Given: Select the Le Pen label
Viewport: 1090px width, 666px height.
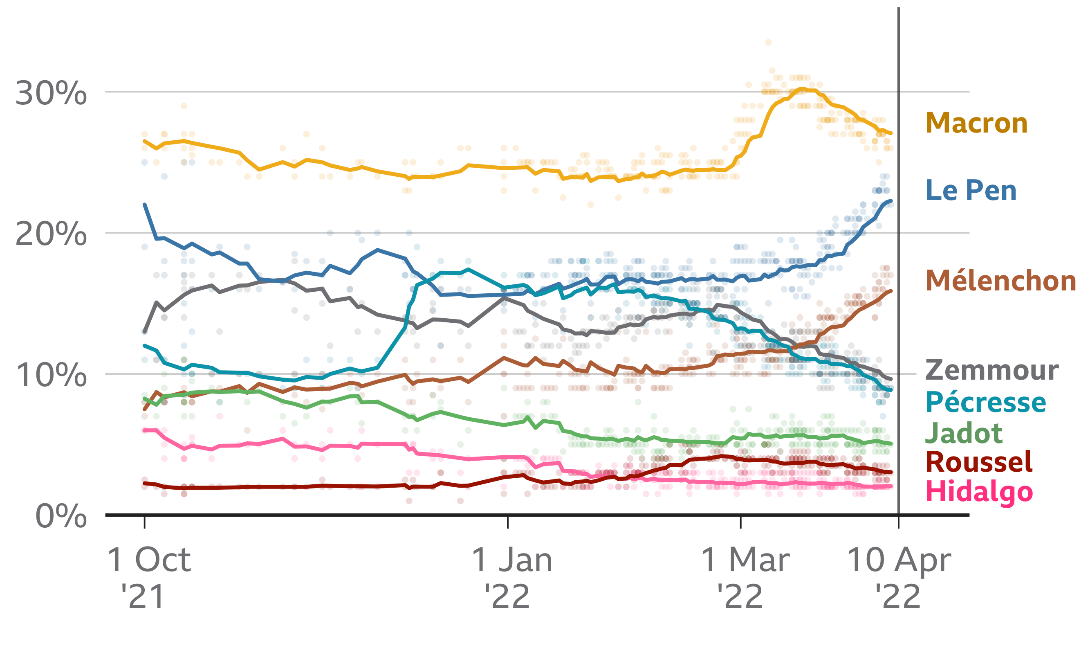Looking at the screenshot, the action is [x=971, y=190].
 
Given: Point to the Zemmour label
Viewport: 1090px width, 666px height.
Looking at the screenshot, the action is [x=992, y=370].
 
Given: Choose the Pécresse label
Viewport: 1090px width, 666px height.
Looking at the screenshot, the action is [x=986, y=402].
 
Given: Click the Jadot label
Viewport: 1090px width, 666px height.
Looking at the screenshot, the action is [x=964, y=433].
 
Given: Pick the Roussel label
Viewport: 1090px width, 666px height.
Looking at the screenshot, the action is [x=979, y=462].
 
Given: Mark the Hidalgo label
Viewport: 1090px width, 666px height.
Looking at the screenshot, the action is [x=979, y=493].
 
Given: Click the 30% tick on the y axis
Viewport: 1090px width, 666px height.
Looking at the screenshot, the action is [x=51, y=93].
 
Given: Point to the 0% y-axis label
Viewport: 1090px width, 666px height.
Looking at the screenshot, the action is [x=61, y=515].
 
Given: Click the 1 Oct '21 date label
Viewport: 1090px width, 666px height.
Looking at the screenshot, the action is [x=149, y=578].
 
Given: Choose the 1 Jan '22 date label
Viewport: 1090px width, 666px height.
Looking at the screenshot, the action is [x=512, y=578].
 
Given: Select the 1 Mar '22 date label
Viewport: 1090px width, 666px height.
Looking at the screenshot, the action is [x=745, y=578].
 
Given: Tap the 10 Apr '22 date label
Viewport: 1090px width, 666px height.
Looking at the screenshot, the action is [x=899, y=578].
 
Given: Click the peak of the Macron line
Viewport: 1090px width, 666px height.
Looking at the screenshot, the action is [x=802, y=88].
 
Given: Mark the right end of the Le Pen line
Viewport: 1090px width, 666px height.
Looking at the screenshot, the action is [x=891, y=201].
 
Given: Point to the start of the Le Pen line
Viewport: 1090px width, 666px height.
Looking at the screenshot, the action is [x=145, y=205].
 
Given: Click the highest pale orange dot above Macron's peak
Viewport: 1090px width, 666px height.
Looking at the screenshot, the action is [x=768, y=43].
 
